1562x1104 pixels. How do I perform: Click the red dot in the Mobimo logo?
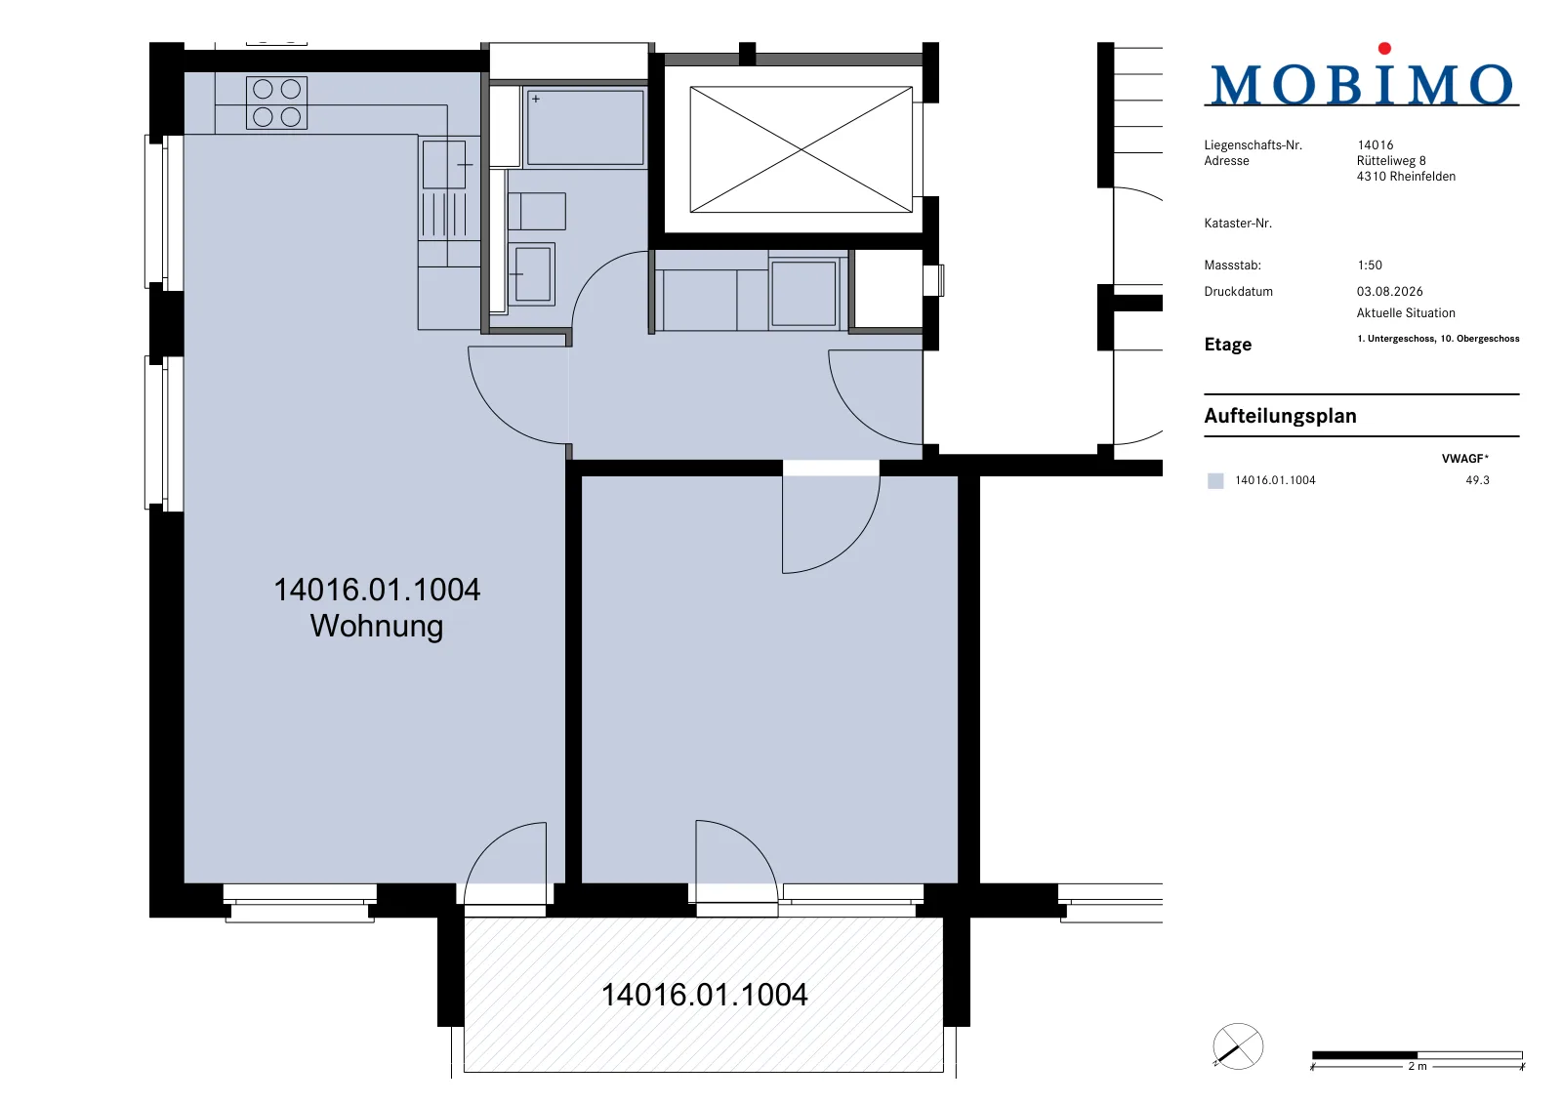pos(1384,48)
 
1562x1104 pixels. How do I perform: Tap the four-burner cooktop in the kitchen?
pos(277,102)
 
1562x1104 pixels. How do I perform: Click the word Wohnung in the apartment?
pos(377,626)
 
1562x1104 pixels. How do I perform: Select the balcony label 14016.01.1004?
pos(704,995)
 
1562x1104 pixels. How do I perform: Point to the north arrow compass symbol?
pos(1238,1046)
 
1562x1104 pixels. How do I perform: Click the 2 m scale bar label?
pos(1417,1066)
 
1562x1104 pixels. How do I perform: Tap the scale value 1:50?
pos(1370,265)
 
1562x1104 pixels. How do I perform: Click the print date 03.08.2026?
pos(1390,292)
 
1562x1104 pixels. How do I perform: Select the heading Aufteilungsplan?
pos(1280,416)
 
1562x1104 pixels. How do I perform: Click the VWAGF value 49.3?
pos(1478,480)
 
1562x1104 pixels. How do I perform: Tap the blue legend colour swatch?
pos(1215,480)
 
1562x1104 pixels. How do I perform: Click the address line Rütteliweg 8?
pos(1391,160)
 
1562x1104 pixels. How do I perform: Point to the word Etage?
pos(1228,345)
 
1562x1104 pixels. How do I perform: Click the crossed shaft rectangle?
pos(802,149)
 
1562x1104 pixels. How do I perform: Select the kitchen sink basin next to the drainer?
pos(444,165)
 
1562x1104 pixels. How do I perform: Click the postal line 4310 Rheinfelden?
pos(1406,177)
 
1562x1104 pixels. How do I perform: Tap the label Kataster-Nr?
pos(1238,224)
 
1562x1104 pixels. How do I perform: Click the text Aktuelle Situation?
pos(1406,313)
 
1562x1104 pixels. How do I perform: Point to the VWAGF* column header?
pos(1465,458)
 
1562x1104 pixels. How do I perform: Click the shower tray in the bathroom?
pos(585,127)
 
